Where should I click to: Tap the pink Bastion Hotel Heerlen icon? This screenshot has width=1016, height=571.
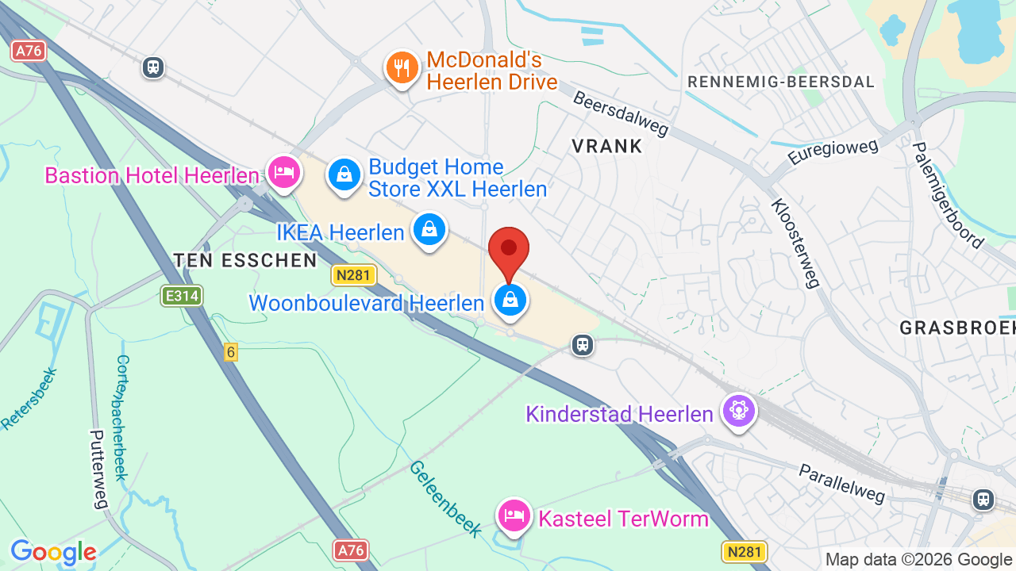coord(283,172)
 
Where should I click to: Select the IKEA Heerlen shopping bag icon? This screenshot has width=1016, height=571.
coord(429,230)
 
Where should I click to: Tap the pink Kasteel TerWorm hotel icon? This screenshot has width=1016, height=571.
coord(514,516)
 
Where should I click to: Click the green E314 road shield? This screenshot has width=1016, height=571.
coord(182,297)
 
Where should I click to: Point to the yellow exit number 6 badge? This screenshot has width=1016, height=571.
coord(231,352)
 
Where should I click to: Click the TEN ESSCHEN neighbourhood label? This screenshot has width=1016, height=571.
coord(245,260)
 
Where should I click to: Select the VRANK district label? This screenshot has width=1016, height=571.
coord(607,146)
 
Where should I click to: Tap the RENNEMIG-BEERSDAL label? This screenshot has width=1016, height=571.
coord(781,82)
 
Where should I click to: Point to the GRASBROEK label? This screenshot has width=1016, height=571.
coord(957,328)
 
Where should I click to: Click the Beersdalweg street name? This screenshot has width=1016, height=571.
coord(621,113)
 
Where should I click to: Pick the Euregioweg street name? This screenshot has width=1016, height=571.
coord(833,151)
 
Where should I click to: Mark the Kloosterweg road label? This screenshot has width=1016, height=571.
coord(795,243)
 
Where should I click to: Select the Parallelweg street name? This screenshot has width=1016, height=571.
coord(842,482)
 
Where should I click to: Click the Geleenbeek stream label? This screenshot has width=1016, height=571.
coord(445,498)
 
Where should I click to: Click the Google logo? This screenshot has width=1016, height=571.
coord(53,553)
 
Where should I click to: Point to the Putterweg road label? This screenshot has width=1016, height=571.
coord(98,469)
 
